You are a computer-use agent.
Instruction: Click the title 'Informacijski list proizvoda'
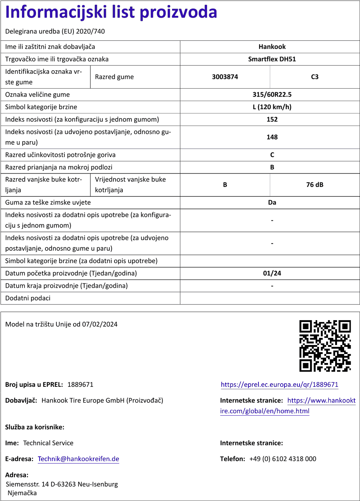click(x=111, y=12)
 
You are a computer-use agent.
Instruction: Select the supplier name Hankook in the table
click(x=272, y=47)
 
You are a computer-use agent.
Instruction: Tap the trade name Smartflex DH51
click(x=272, y=59)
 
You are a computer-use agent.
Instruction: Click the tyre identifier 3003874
click(x=225, y=77)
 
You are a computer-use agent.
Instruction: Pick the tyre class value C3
click(x=315, y=77)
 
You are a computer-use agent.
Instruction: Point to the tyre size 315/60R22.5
click(x=272, y=95)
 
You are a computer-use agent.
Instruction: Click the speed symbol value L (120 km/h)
click(x=272, y=107)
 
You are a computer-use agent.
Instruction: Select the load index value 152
click(x=272, y=120)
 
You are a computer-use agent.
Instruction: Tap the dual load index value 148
click(x=272, y=137)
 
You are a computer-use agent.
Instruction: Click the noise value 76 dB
click(x=315, y=185)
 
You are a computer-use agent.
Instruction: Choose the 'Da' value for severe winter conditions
click(x=272, y=202)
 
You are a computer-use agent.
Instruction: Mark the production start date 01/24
click(x=272, y=273)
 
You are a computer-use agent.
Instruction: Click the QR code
click(x=325, y=346)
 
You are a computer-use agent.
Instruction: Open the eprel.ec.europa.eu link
click(x=279, y=385)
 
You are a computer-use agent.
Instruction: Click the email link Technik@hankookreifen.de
click(x=78, y=459)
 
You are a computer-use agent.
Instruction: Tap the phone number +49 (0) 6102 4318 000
click(x=283, y=459)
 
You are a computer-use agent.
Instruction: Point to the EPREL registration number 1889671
click(x=80, y=385)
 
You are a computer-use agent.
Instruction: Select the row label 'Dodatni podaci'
click(x=28, y=298)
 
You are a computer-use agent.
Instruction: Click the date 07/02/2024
click(x=100, y=324)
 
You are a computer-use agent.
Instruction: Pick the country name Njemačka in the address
click(x=22, y=493)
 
